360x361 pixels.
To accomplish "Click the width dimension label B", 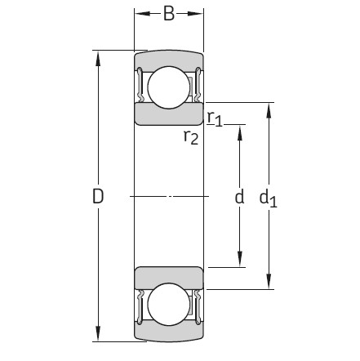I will pyautogui.click(x=169, y=14).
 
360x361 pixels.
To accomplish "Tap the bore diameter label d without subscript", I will pyautogui.click(x=239, y=197).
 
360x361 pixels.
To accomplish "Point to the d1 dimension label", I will pyautogui.click(x=269, y=197).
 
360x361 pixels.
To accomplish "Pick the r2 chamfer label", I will pyautogui.click(x=190, y=136).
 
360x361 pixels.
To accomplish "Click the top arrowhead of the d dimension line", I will pyautogui.click(x=239, y=130).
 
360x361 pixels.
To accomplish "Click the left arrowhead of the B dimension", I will pyautogui.click(x=140, y=14).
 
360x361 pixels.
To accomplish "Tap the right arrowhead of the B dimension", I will pyautogui.click(x=198, y=14).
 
